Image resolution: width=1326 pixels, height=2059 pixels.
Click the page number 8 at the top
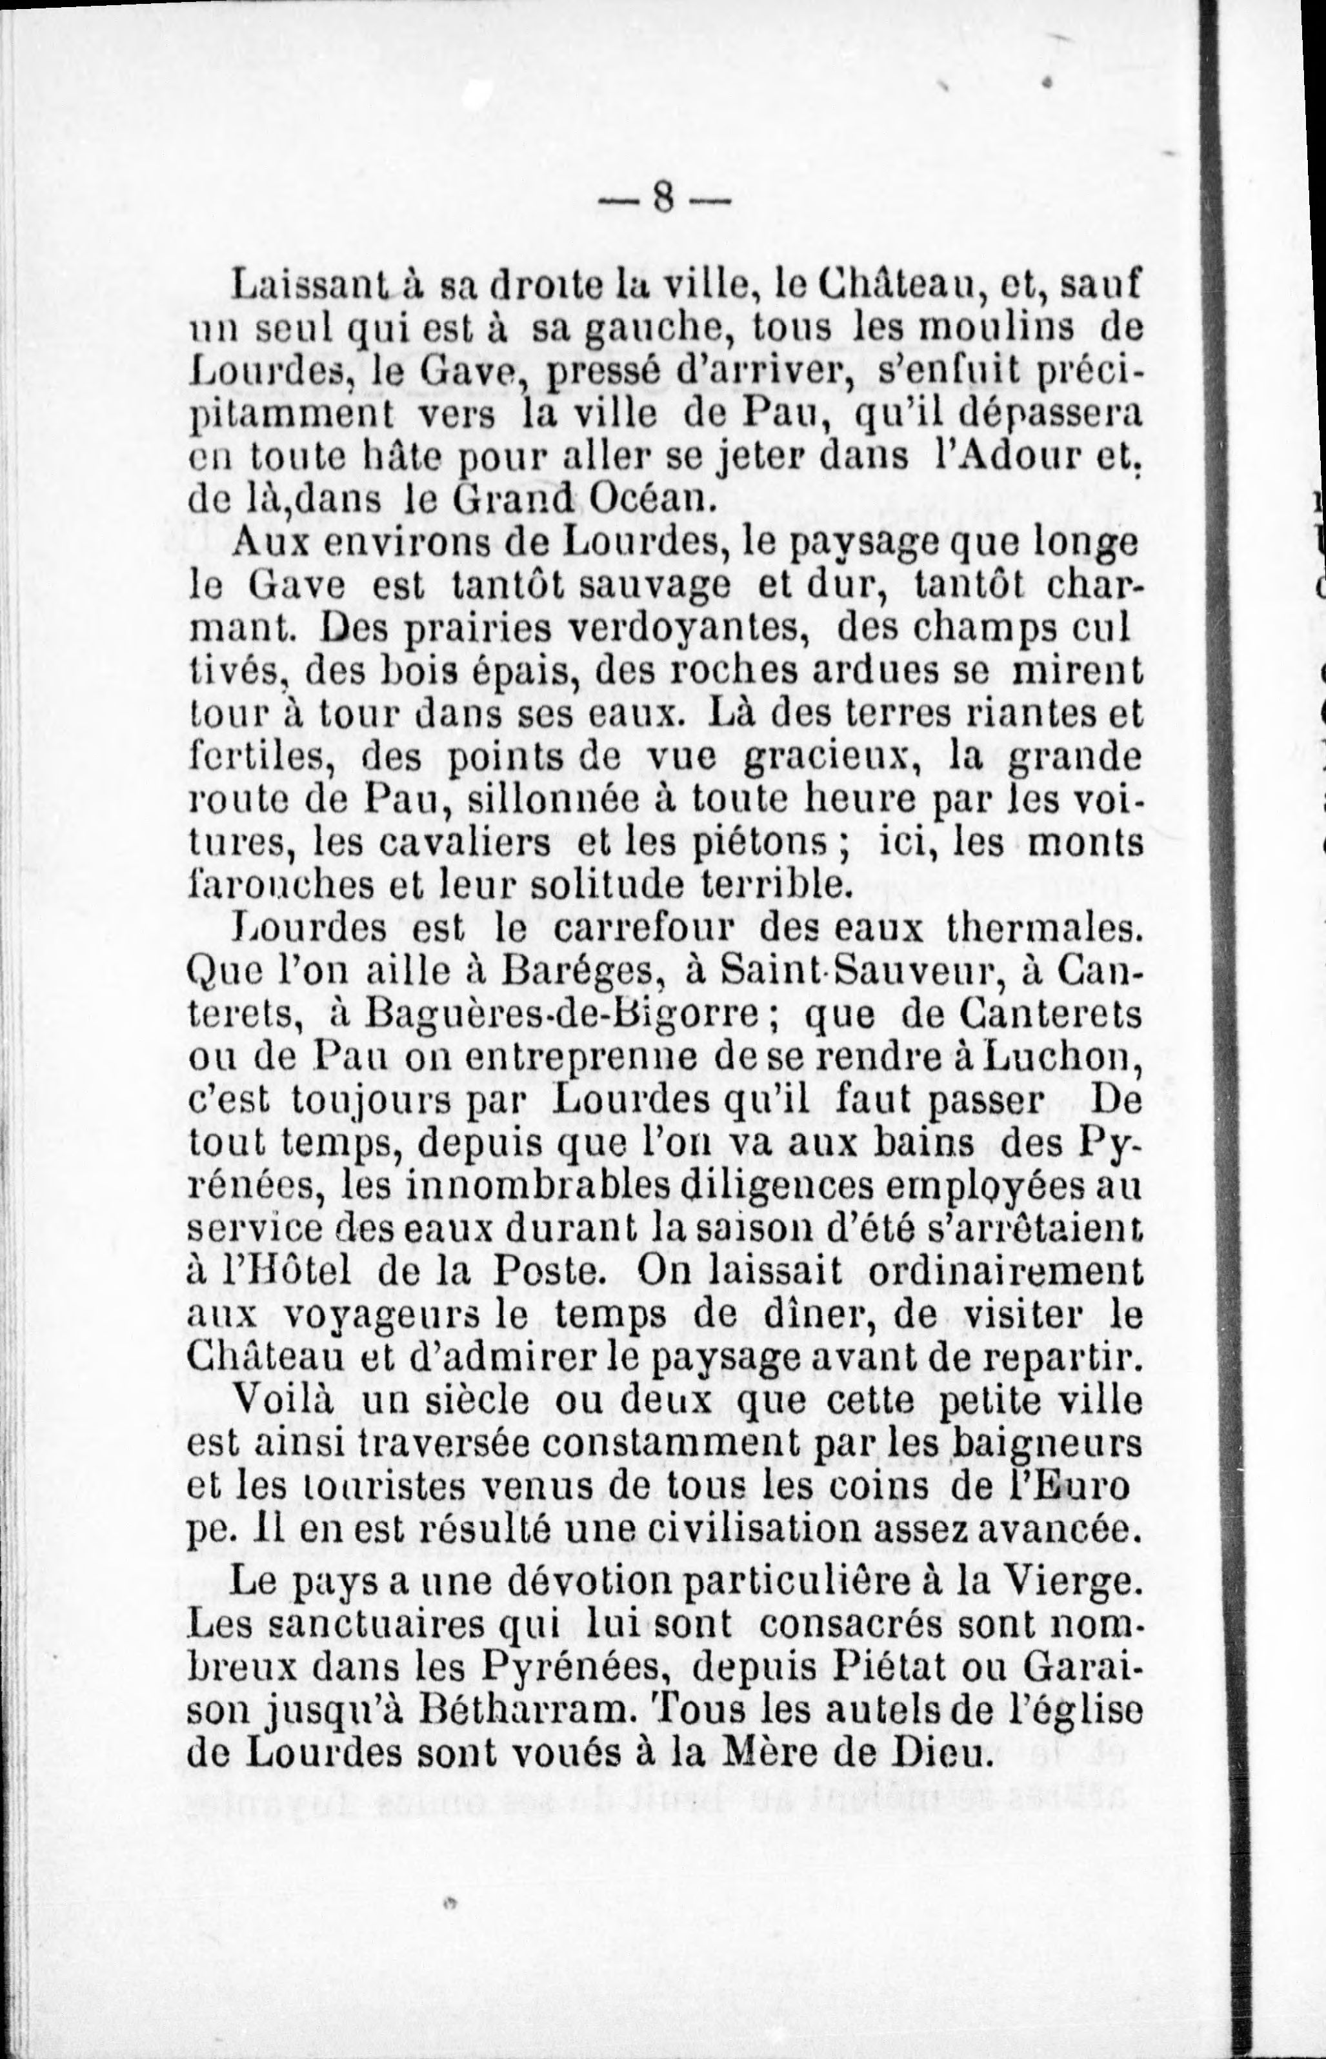662,203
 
